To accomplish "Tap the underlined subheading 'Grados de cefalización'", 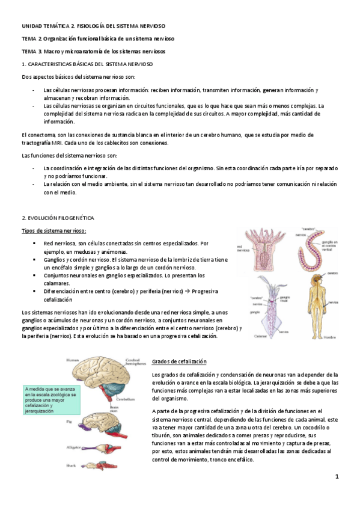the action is click(179, 361).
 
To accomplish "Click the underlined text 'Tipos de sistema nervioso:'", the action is click(53, 231).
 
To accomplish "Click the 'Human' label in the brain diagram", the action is click(72, 360).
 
